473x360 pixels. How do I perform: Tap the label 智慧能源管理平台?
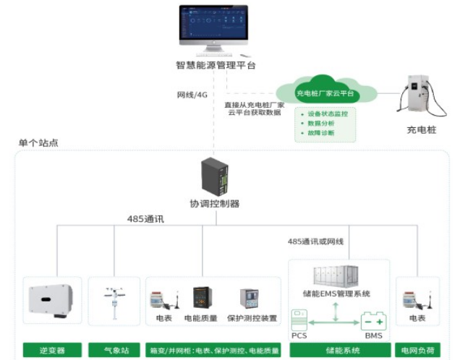pyautogui.click(x=216, y=65)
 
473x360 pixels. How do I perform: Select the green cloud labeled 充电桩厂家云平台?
pyautogui.click(x=325, y=93)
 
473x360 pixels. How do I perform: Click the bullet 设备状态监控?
pyautogui.click(x=327, y=114)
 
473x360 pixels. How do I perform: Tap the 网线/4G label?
pyautogui.click(x=192, y=95)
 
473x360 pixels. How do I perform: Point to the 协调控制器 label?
pyautogui.click(x=215, y=204)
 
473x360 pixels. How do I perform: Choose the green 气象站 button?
pyautogui.click(x=114, y=351)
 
